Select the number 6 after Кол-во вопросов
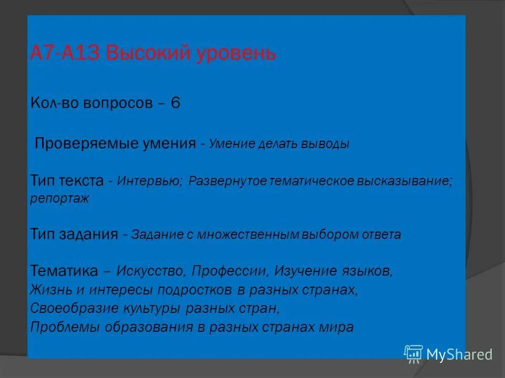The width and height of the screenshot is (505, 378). click(175, 103)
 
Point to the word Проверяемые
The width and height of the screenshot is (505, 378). click(72, 143)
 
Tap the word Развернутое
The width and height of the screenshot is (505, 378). click(228, 181)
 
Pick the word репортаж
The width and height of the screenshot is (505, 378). click(60, 198)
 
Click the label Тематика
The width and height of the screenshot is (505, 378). click(65, 271)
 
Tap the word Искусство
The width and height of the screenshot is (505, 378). click(150, 271)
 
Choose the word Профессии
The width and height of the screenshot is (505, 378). click(230, 271)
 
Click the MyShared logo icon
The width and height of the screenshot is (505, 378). click(413, 354)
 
